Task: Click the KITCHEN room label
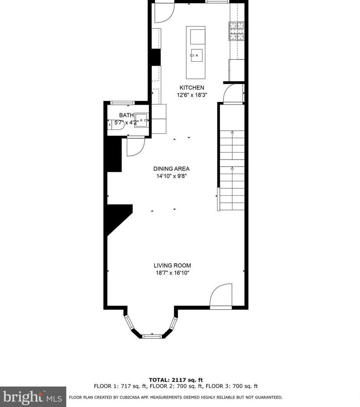[x=191, y=88]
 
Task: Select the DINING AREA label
[x=171, y=169]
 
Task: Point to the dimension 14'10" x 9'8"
[x=171, y=176]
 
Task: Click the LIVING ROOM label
[x=172, y=266]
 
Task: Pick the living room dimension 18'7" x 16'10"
[x=172, y=273]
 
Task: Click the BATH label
[x=126, y=115]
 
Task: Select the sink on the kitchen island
[x=197, y=56]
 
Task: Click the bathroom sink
[x=142, y=120]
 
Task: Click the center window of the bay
[x=152, y=336]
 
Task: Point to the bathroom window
[x=123, y=103]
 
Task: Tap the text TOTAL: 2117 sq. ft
[x=176, y=380]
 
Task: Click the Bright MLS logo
[x=33, y=397]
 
